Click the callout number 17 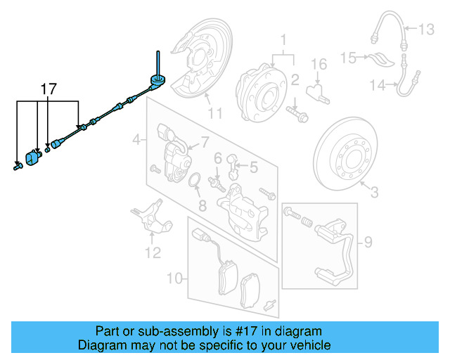[48, 89]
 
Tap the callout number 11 [214, 112]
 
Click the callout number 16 [319, 65]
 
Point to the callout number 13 [427, 30]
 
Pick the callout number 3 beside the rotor [373, 191]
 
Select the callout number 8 [202, 206]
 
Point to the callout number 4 [136, 141]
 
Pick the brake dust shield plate [197, 60]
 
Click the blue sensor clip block [32, 159]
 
